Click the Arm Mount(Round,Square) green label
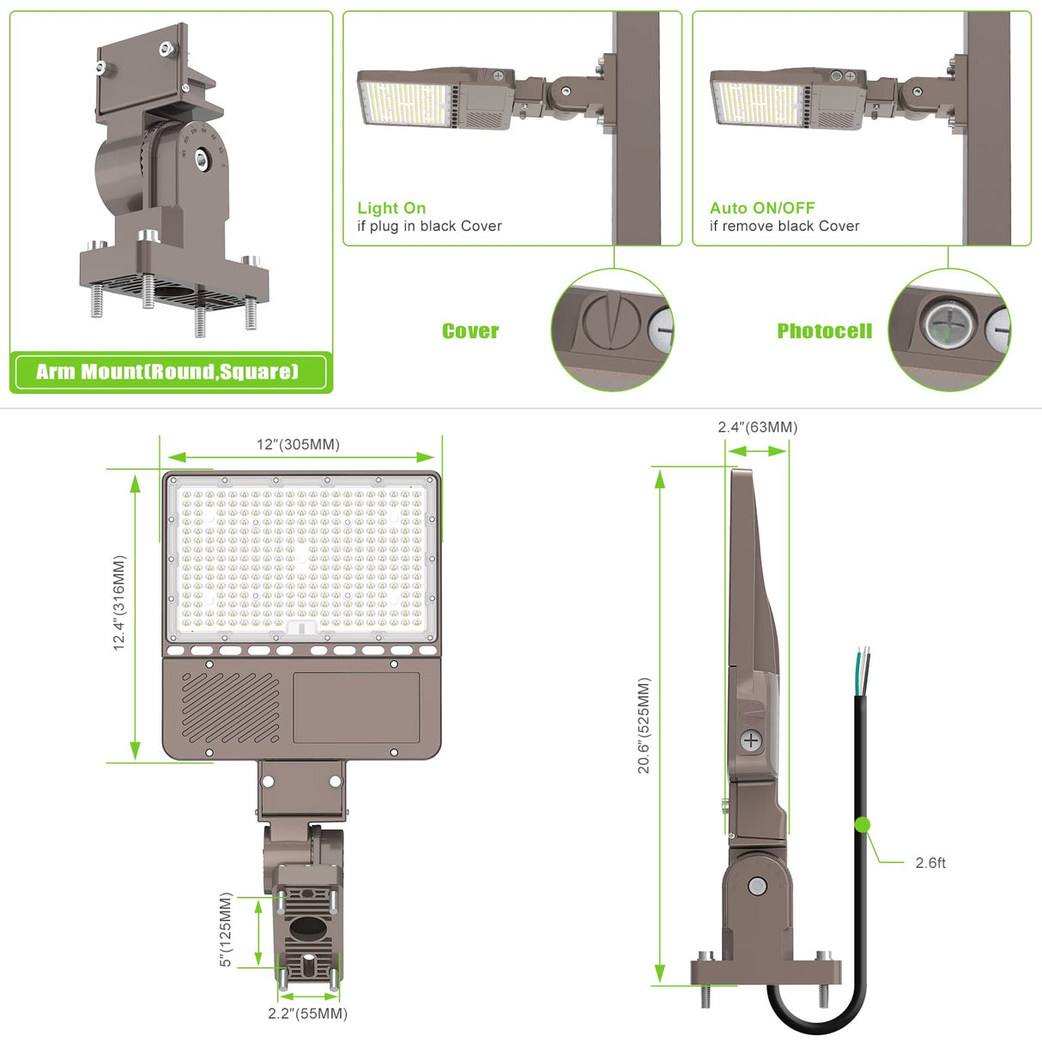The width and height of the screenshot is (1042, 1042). click(x=168, y=372)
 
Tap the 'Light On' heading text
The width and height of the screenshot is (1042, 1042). click(x=391, y=208)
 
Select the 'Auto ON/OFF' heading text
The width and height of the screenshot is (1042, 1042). click(x=762, y=208)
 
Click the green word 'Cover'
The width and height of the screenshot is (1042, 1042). click(x=470, y=331)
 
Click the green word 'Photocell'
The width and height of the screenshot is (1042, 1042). click(x=824, y=331)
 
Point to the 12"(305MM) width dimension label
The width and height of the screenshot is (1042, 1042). click(x=298, y=444)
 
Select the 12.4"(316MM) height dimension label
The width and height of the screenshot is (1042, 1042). click(x=119, y=603)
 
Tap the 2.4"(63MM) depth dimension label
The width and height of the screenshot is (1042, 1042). click(x=757, y=427)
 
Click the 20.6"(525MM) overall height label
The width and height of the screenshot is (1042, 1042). click(x=644, y=725)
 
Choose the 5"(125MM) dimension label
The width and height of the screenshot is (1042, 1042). click(x=226, y=930)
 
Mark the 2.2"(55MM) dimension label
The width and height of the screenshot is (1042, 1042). click(x=307, y=1014)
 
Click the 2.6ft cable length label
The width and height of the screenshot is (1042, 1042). click(x=930, y=863)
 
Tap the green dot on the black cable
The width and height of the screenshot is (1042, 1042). click(x=863, y=825)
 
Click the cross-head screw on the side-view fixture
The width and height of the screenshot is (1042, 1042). click(x=751, y=741)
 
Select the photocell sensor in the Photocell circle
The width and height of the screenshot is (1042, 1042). click(x=948, y=326)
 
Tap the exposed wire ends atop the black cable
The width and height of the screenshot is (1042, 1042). click(x=863, y=665)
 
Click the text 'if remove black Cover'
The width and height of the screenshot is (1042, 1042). click(x=784, y=226)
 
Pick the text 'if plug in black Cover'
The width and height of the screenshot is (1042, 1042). click(x=429, y=226)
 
